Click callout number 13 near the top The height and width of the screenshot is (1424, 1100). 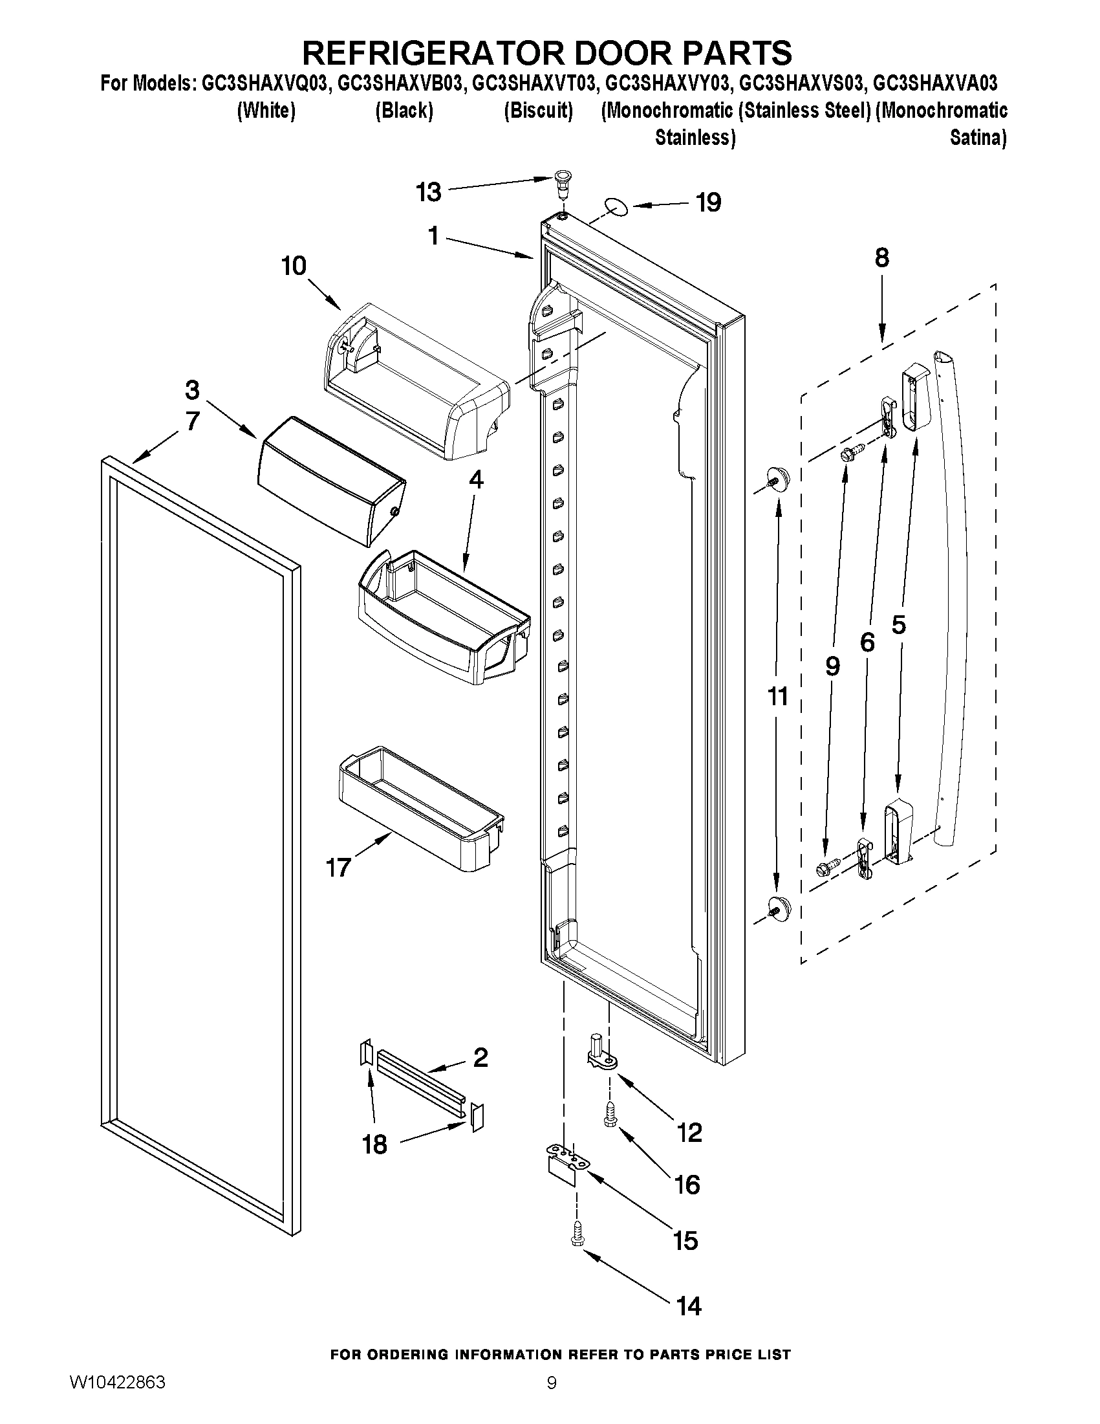[429, 192]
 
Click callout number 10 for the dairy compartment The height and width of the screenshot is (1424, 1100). [294, 266]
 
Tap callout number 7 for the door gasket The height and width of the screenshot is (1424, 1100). [192, 422]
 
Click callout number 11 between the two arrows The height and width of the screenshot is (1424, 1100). [778, 696]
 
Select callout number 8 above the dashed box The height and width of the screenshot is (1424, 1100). [881, 258]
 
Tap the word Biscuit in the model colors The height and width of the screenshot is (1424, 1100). [538, 111]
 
